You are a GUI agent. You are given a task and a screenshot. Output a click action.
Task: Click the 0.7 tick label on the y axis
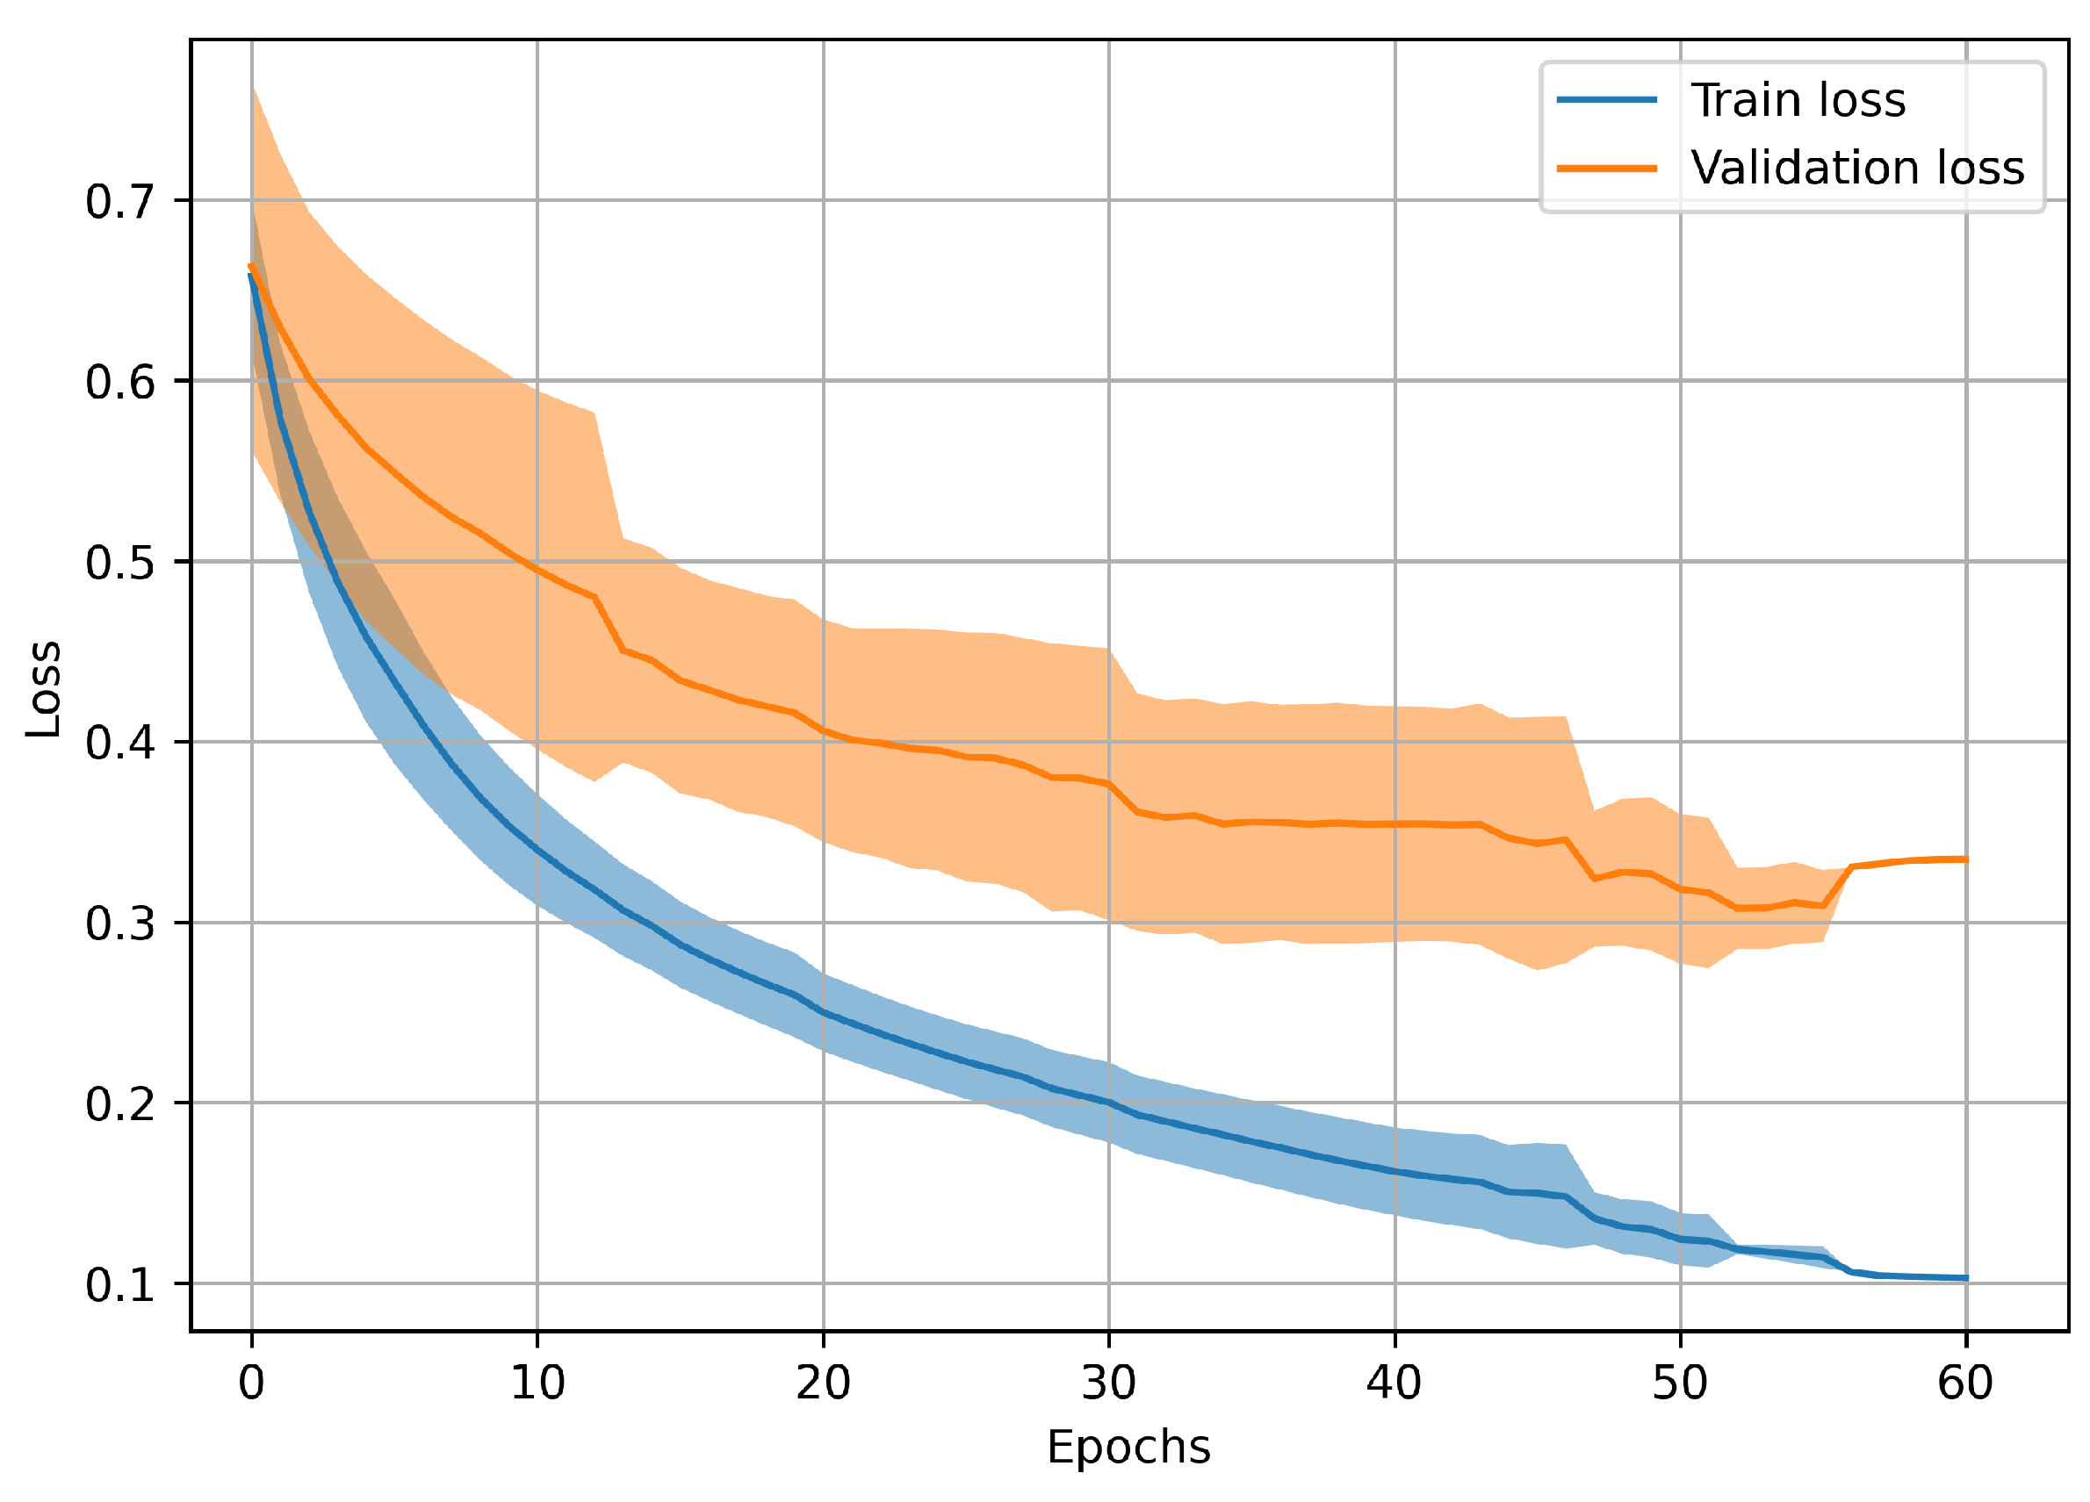point(119,202)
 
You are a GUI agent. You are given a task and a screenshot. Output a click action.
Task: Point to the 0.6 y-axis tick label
point(119,383)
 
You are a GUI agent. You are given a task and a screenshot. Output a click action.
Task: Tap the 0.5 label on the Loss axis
point(119,563)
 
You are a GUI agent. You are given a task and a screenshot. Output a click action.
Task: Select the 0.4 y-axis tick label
point(119,743)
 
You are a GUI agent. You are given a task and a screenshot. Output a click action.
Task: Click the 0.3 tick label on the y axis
point(119,923)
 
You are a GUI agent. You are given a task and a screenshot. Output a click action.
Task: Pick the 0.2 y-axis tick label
point(119,1104)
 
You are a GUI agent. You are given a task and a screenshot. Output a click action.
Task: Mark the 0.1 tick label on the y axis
point(119,1284)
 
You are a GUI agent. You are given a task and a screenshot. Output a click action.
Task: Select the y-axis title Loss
point(43,689)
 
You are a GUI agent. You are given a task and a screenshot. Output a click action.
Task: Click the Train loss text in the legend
point(1798,99)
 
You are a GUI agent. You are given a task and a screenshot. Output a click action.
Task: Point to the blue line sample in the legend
point(1606,99)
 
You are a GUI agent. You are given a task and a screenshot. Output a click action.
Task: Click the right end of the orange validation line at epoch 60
point(1965,859)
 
